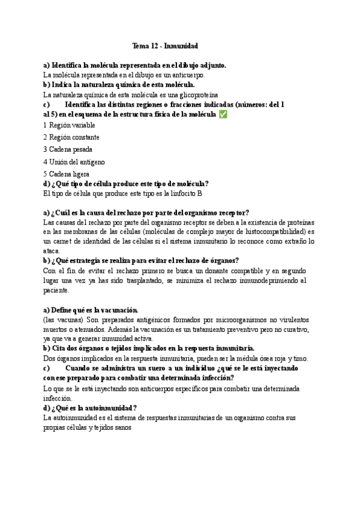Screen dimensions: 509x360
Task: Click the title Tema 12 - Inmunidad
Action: click(165, 46)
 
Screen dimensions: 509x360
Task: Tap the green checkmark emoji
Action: click(223, 114)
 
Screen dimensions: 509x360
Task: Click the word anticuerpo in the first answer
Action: click(187, 75)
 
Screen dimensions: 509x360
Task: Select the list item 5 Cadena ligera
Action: click(67, 174)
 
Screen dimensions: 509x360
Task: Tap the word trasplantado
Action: click(137, 280)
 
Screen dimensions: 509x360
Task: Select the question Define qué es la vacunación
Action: click(91, 310)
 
